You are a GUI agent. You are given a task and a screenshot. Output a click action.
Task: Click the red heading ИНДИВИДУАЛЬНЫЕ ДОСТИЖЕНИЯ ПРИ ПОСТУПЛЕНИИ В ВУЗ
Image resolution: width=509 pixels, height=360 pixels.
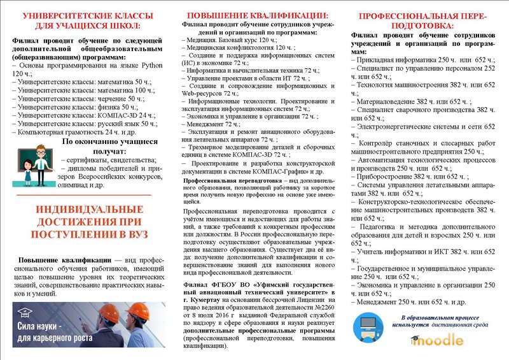point(83,222)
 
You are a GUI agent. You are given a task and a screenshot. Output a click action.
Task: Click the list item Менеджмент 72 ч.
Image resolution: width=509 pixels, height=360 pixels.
point(205,124)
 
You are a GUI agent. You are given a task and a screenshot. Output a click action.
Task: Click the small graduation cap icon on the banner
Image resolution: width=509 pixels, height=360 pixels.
point(25,312)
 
